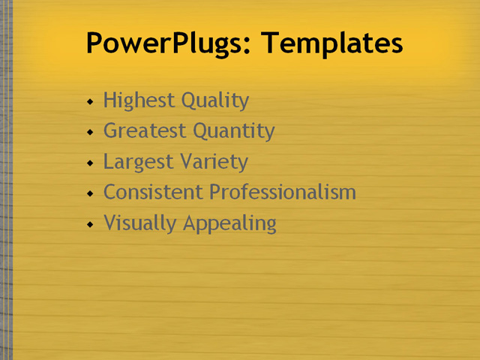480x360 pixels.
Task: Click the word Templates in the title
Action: pyautogui.click(x=332, y=43)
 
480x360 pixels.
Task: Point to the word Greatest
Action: pyautogui.click(x=145, y=131)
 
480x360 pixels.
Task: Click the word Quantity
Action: pyautogui.click(x=233, y=131)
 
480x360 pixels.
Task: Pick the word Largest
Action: pyautogui.click(x=135, y=162)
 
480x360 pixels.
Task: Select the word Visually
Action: pyautogui.click(x=133, y=223)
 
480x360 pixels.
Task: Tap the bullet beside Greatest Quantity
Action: pyautogui.click(x=90, y=132)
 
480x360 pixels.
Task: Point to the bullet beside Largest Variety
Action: pyautogui.click(x=90, y=163)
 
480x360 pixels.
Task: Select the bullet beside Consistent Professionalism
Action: pyautogui.click(x=90, y=193)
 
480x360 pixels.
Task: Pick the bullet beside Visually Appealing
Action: pyautogui.click(x=90, y=224)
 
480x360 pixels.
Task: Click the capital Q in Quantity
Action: pyautogui.click(x=200, y=131)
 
